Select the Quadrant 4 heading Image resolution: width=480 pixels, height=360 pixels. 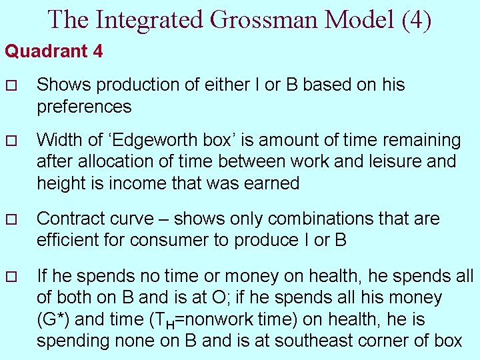(54, 51)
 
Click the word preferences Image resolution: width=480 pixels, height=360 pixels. (84, 107)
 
